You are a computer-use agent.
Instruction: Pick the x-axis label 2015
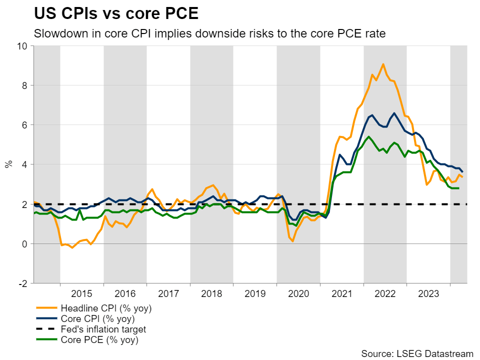pos(81,293)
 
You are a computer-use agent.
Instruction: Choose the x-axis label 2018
pos(211,293)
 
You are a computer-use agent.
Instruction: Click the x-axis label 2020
pos(298,293)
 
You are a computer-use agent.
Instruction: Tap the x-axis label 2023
pos(428,293)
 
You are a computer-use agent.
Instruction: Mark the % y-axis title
pos(8,164)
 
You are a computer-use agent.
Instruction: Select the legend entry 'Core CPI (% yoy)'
pos(97,318)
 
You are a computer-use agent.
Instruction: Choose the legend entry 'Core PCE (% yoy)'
pos(99,340)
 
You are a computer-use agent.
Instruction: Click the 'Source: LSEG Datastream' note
pos(417,353)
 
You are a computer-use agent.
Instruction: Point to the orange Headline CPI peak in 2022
pos(383,64)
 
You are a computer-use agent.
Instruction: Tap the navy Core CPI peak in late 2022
pos(394,113)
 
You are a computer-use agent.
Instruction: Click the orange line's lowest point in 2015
pos(72,247)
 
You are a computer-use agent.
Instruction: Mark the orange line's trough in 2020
pos(292,241)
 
